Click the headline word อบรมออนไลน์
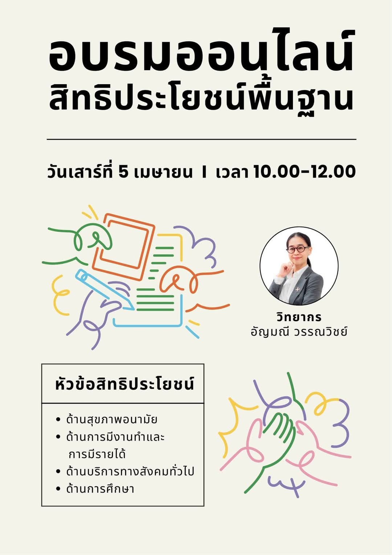(201, 51)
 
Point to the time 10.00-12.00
(304, 172)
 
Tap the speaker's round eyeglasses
(298, 249)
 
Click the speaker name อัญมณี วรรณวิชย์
(299, 332)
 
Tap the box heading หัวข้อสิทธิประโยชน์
(124, 385)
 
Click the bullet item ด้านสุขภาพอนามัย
(112, 420)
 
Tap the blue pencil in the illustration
(105, 289)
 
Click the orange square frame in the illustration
(123, 247)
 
